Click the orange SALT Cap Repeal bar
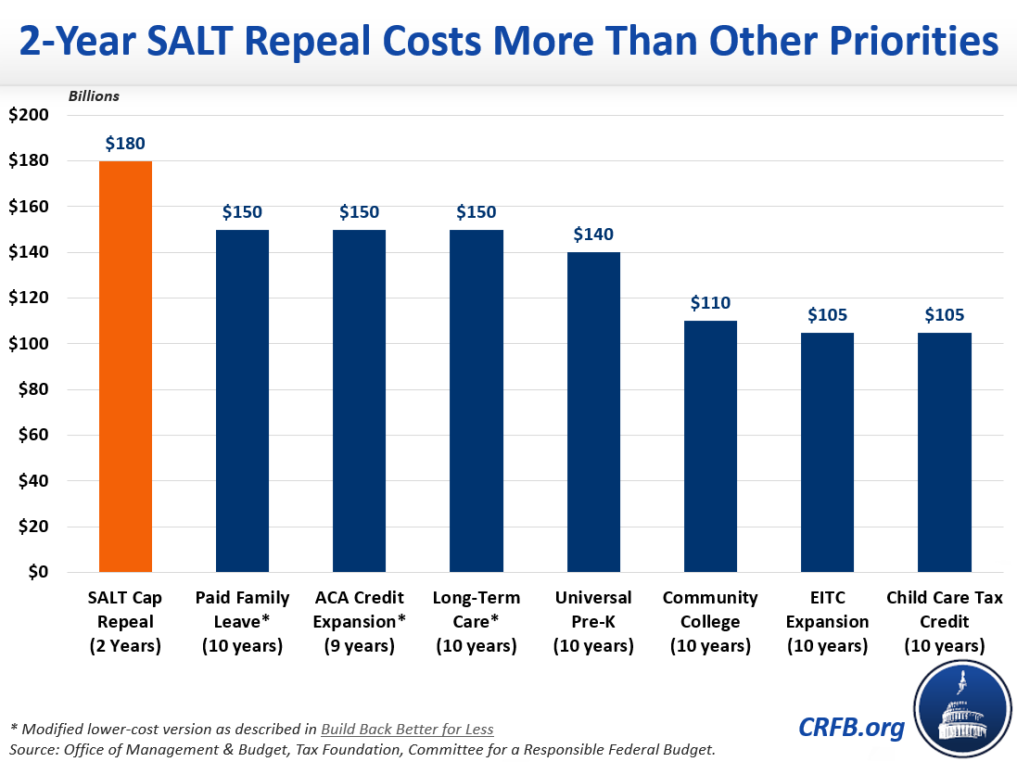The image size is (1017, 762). point(125,366)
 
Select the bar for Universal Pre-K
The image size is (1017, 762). point(593,412)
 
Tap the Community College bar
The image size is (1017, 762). point(710,446)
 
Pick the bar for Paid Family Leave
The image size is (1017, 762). point(242,400)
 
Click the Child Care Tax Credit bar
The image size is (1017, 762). point(944,451)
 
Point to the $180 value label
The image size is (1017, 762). point(125,144)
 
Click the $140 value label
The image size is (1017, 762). point(593,235)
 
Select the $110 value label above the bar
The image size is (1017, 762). point(710,303)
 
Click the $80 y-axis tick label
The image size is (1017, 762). point(33,389)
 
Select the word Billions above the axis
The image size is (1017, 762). point(93,95)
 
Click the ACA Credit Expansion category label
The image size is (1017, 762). point(359,621)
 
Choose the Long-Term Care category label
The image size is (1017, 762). point(476,621)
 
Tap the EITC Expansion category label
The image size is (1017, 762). point(827,621)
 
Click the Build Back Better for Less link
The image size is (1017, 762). point(407,729)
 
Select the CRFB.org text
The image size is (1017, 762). point(850,728)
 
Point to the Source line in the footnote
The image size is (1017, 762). point(362,748)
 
